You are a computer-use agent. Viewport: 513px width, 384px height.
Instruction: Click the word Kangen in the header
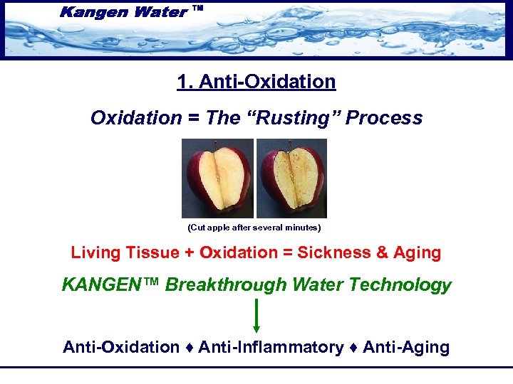tap(94, 11)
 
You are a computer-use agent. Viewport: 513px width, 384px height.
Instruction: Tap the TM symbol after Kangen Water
tap(198, 9)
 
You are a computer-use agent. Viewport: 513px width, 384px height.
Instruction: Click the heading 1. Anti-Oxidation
tap(256, 82)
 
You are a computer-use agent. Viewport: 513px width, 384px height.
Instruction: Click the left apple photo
tap(217, 178)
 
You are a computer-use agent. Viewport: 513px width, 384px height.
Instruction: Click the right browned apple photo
tap(291, 178)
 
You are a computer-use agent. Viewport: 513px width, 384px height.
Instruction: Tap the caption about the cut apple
tap(254, 228)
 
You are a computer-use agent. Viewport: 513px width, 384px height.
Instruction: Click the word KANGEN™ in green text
tap(111, 285)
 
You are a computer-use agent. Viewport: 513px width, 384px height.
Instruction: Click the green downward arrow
tap(256, 316)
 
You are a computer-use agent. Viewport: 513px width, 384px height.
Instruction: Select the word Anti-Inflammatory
tap(271, 347)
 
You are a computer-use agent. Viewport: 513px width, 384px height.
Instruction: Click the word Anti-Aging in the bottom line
tap(406, 347)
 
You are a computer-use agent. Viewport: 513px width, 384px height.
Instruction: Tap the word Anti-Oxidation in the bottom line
tap(121, 347)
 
